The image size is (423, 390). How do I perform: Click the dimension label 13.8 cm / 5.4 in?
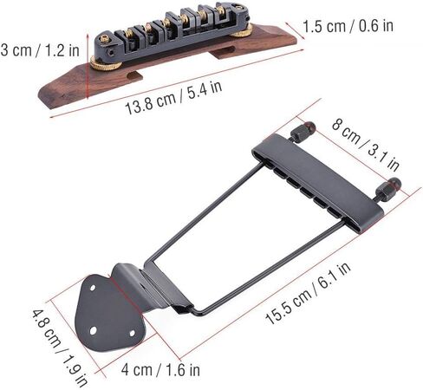point(173,98)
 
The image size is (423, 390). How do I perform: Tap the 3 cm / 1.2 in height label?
point(40,50)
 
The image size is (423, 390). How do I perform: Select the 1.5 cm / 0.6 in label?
point(348,26)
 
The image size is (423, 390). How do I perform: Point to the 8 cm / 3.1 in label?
point(366,145)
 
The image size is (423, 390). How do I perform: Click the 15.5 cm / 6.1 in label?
point(308,293)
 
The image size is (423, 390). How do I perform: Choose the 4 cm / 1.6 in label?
point(160,370)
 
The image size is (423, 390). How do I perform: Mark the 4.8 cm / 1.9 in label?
point(60,348)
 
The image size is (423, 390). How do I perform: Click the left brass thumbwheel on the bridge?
point(106,63)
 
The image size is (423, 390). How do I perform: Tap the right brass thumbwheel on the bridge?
point(242,30)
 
